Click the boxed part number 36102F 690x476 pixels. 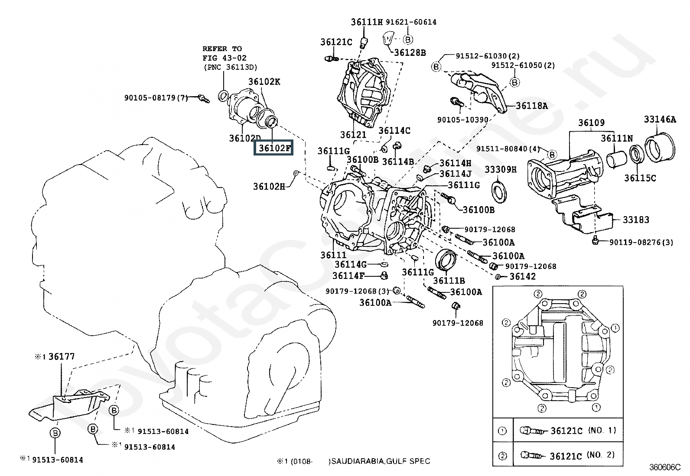(x=275, y=148)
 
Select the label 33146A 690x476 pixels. (x=659, y=120)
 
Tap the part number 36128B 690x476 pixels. (x=409, y=53)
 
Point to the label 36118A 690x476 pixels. (x=531, y=106)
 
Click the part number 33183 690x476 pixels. (x=636, y=220)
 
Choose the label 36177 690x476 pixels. (x=61, y=356)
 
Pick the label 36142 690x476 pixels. (x=522, y=276)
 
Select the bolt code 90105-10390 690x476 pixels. (x=462, y=120)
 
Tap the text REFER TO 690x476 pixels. (x=222, y=49)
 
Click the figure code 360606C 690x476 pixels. (x=664, y=467)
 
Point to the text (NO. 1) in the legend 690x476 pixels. (x=602, y=431)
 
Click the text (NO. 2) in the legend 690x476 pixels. (x=602, y=455)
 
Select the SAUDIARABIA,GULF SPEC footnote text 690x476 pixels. (x=381, y=461)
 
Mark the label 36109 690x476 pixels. (x=591, y=123)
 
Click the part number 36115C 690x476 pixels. (x=640, y=178)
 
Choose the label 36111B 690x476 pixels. (x=449, y=281)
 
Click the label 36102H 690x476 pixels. (x=269, y=186)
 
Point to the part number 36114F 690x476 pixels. (x=348, y=275)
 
